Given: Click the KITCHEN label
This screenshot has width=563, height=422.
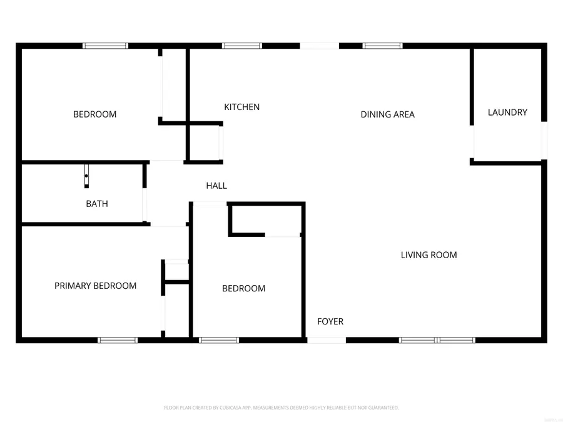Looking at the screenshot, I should pyautogui.click(x=241, y=107).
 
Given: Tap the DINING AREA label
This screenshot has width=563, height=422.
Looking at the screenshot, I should pyautogui.click(x=387, y=114).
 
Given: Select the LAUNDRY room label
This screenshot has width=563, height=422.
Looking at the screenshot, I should pyautogui.click(x=507, y=113).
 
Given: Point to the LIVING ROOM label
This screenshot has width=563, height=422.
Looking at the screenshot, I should pyautogui.click(x=429, y=255).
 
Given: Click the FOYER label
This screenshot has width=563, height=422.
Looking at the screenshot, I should pyautogui.click(x=330, y=321).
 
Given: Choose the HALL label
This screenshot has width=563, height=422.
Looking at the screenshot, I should pyautogui.click(x=216, y=186).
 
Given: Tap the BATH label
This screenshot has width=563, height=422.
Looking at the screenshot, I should pyautogui.click(x=97, y=204).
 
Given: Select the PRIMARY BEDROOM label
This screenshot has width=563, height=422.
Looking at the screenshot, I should pyautogui.click(x=95, y=286).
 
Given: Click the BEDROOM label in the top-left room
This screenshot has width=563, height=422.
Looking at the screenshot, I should pyautogui.click(x=94, y=114).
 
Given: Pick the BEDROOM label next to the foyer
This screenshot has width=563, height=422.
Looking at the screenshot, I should pyautogui.click(x=243, y=288).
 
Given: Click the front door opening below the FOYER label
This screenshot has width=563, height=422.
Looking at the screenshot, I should pyautogui.click(x=327, y=340).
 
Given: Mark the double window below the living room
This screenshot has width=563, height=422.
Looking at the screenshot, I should pyautogui.click(x=437, y=340).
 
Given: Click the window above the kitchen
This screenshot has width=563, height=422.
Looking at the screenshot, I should pyautogui.click(x=242, y=46).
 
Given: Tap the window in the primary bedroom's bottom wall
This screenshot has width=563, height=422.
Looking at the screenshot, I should pyautogui.click(x=118, y=340).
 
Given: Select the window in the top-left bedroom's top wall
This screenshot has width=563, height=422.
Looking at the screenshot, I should pyautogui.click(x=106, y=46).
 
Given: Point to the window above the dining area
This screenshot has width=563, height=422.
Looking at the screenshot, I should pyautogui.click(x=382, y=46).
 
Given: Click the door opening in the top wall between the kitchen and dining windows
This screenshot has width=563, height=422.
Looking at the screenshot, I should pyautogui.click(x=319, y=46).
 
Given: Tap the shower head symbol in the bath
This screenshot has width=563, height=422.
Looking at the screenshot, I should pyautogui.click(x=86, y=176).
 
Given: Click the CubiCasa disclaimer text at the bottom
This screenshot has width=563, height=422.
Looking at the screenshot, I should pyautogui.click(x=281, y=408).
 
